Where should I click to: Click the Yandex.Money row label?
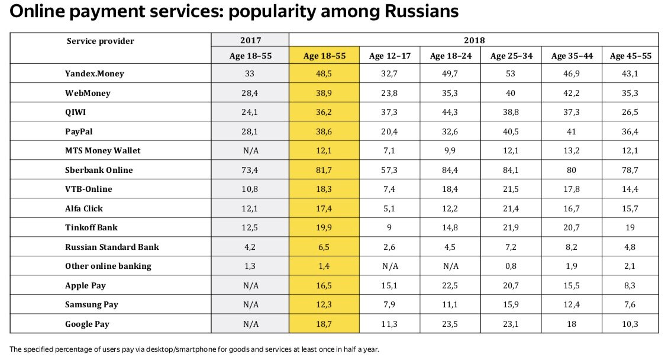tap(95, 73)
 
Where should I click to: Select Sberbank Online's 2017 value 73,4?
tap(250, 170)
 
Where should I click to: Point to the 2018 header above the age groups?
tap(474, 41)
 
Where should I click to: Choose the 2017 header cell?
tap(250, 41)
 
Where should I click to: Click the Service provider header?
tap(100, 41)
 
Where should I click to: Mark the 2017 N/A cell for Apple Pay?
tap(250, 285)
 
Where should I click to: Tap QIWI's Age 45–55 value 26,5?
tap(630, 112)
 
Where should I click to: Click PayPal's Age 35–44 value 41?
tap(572, 131)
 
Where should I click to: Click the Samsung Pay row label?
tap(92, 304)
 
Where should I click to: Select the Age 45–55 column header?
tap(630, 56)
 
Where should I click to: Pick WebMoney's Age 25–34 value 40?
tap(511, 93)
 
